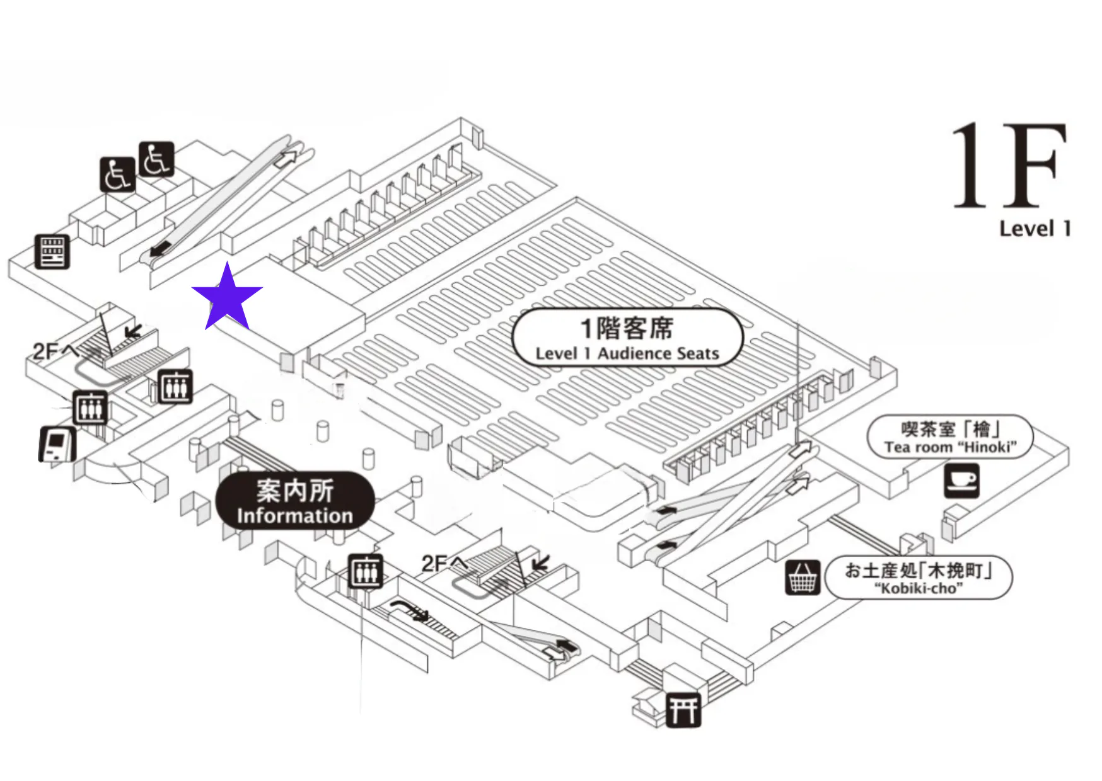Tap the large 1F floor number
click(x=1009, y=165)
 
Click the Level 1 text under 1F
click(x=1035, y=228)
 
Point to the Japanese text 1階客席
click(x=627, y=328)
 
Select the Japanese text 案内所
click(x=294, y=490)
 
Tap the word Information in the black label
click(x=294, y=516)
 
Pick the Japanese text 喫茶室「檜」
click(x=950, y=429)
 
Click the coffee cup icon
click(x=961, y=481)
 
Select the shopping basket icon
click(x=803, y=577)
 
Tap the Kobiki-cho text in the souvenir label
click(x=919, y=589)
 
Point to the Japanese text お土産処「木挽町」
click(x=919, y=571)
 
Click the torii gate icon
click(x=683, y=710)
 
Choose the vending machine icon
click(x=52, y=252)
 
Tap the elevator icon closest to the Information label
click(x=366, y=572)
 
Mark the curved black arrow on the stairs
click(x=410, y=610)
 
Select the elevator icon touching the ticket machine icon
click(x=91, y=408)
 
